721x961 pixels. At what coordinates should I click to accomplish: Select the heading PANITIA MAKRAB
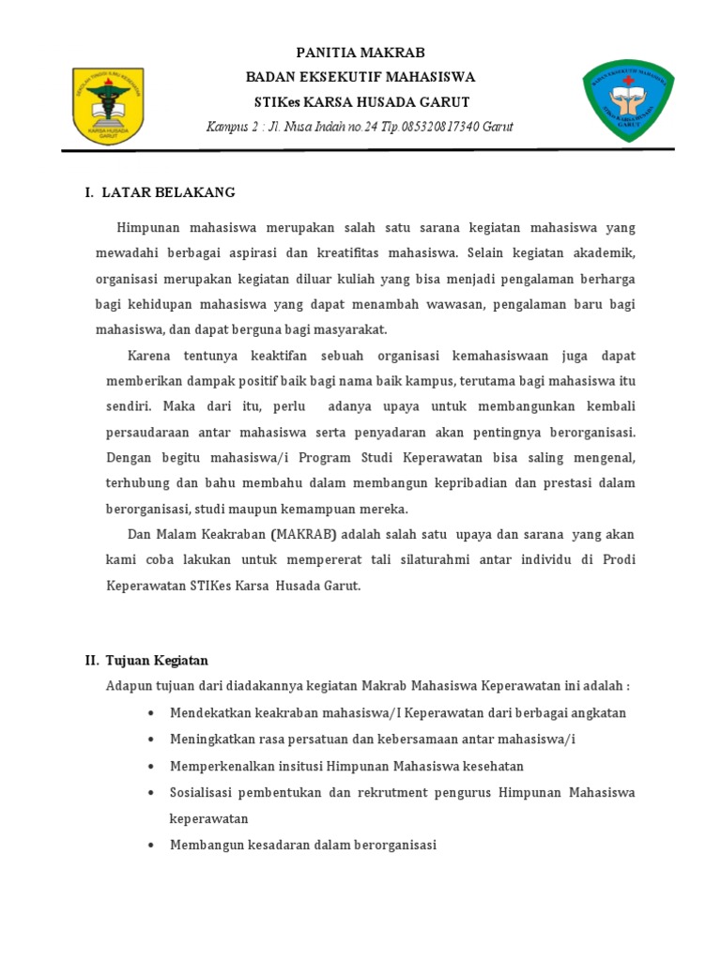360,53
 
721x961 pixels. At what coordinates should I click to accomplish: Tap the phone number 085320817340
435,127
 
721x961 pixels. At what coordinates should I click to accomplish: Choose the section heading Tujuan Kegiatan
157,661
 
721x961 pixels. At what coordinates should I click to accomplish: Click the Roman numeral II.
92,661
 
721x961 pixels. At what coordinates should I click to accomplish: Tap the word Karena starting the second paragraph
150,357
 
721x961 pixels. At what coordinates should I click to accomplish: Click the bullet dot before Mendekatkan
151,713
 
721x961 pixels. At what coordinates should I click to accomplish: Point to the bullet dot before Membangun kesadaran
151,846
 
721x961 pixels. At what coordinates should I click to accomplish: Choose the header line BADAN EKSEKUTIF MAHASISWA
360,77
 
